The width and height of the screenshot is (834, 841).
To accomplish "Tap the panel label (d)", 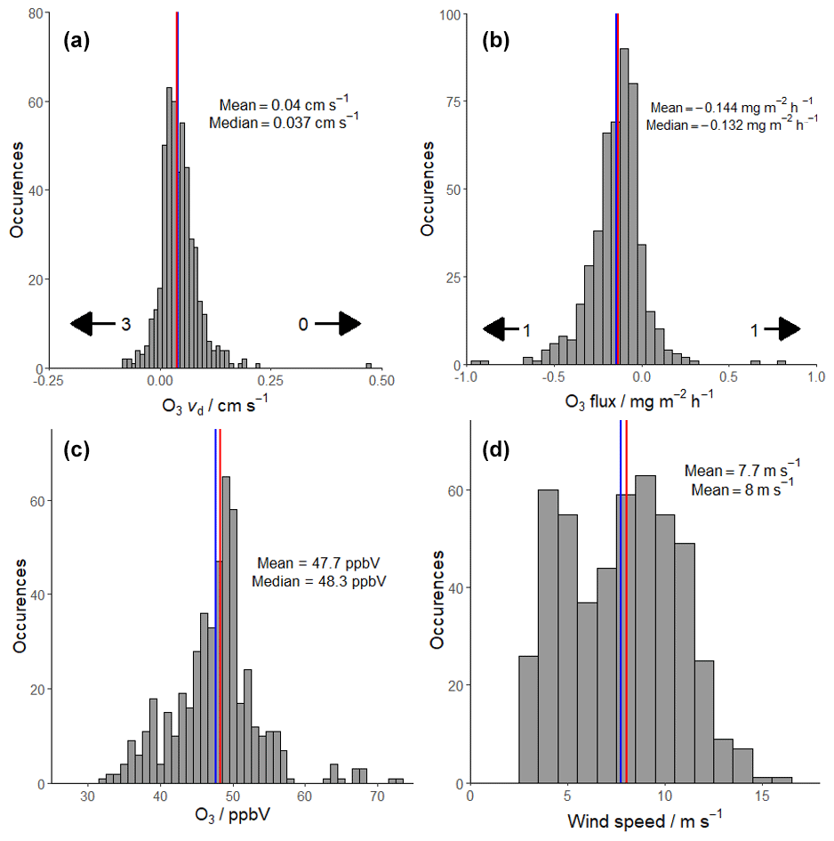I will click(x=494, y=451).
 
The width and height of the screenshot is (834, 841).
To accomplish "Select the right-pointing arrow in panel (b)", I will click(x=782, y=329).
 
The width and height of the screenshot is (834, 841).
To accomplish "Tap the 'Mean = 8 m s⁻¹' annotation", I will click(x=742, y=489).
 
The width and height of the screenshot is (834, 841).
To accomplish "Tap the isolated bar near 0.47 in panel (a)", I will click(x=368, y=365).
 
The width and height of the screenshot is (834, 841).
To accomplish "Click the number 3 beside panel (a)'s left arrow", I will click(x=126, y=325).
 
